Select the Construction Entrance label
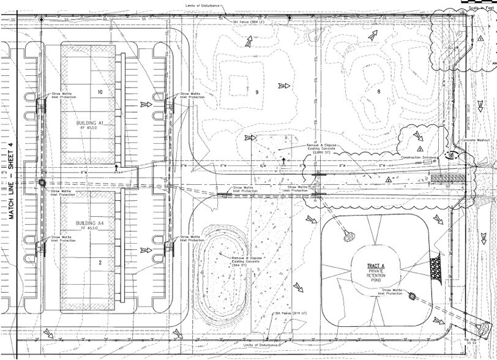pos(419,158)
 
